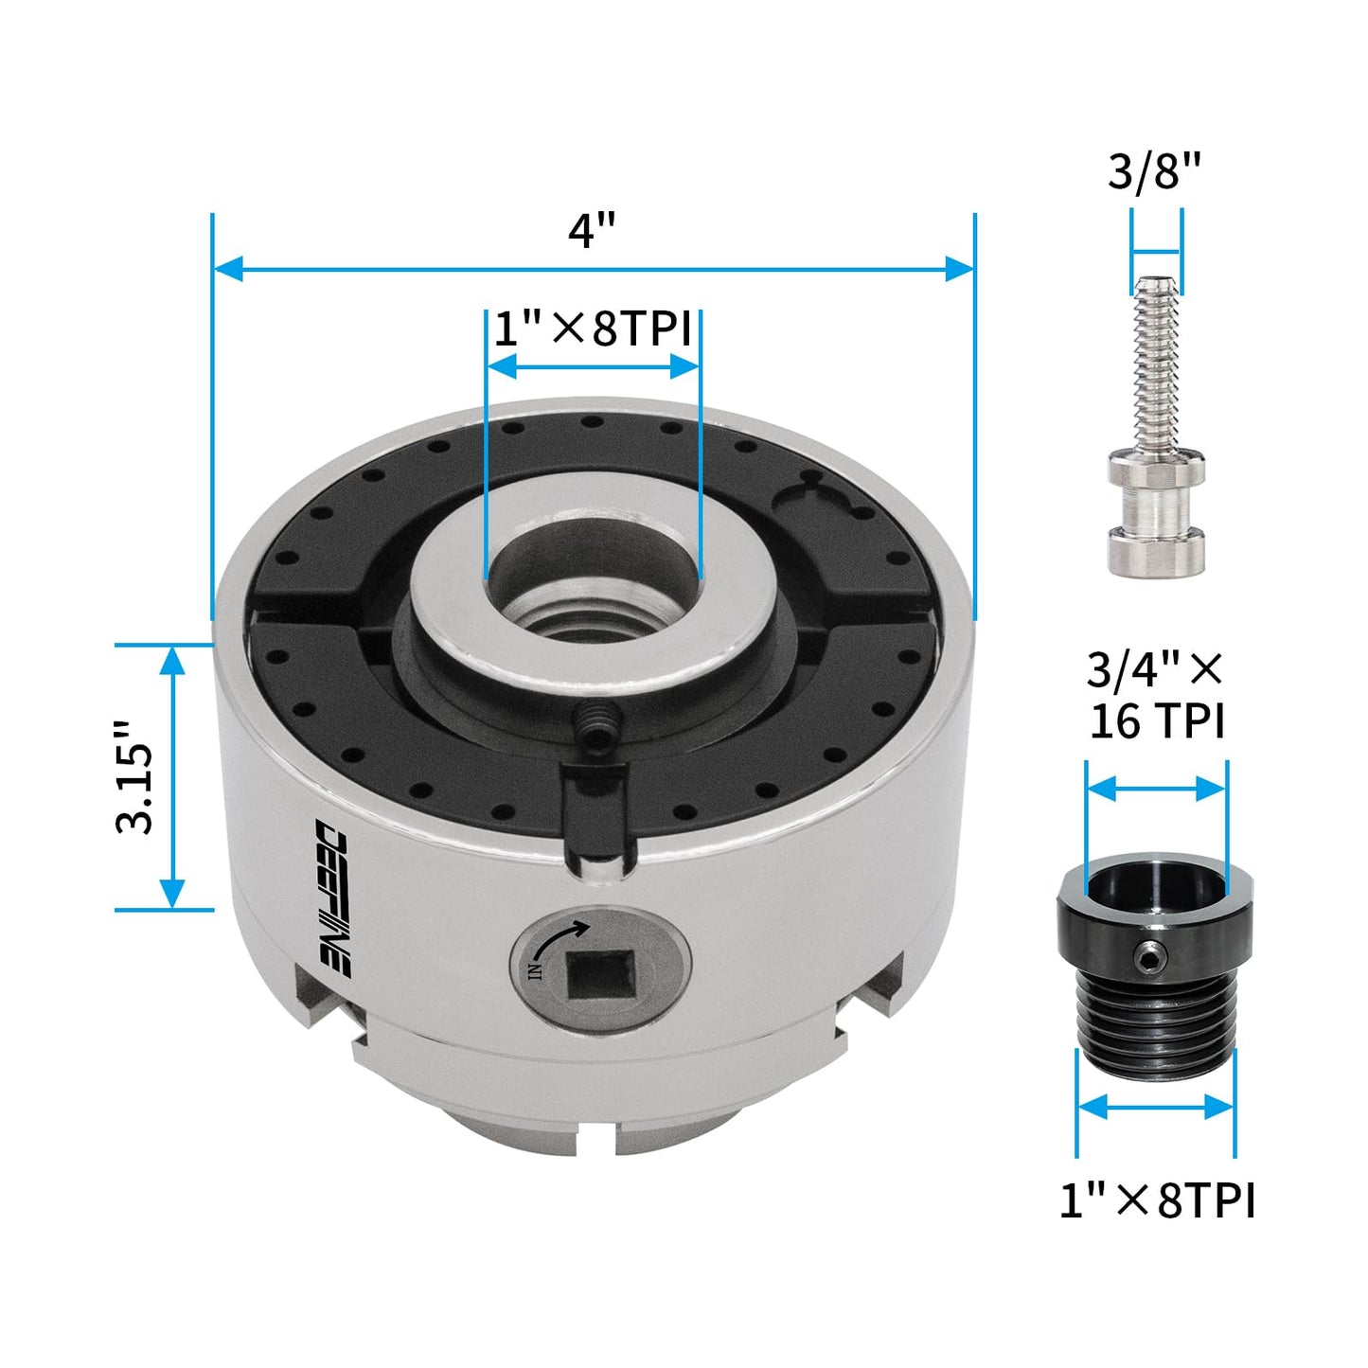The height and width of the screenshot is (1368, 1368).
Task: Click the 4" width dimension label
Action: click(x=592, y=230)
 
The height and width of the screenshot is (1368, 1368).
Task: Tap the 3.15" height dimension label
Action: click(x=134, y=776)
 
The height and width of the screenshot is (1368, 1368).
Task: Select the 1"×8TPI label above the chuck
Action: click(x=593, y=329)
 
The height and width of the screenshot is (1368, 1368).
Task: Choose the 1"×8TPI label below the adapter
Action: click(x=1156, y=1201)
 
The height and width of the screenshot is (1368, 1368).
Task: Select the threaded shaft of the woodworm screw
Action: click(x=1156, y=369)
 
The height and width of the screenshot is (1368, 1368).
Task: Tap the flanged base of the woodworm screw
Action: click(x=1156, y=549)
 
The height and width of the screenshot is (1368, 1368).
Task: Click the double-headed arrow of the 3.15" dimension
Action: click(x=171, y=776)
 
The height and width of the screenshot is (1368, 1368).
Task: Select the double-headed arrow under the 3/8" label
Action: click(x=1156, y=253)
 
